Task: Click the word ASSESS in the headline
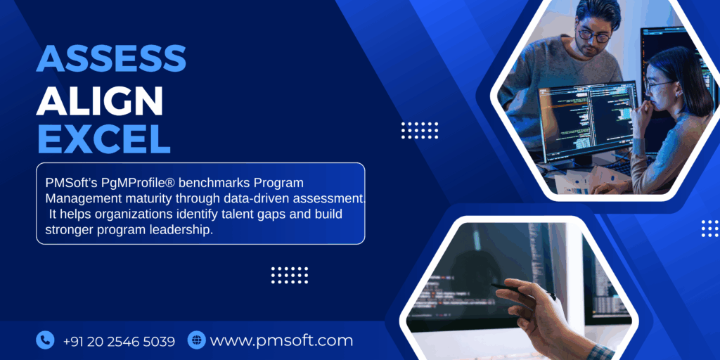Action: [111, 59]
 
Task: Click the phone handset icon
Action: [45, 341]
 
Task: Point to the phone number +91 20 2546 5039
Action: [119, 341]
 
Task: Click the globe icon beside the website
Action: [196, 341]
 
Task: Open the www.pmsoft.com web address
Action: [281, 341]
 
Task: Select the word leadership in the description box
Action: [181, 230]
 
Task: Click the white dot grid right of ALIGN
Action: [420, 130]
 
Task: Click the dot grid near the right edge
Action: [710, 228]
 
